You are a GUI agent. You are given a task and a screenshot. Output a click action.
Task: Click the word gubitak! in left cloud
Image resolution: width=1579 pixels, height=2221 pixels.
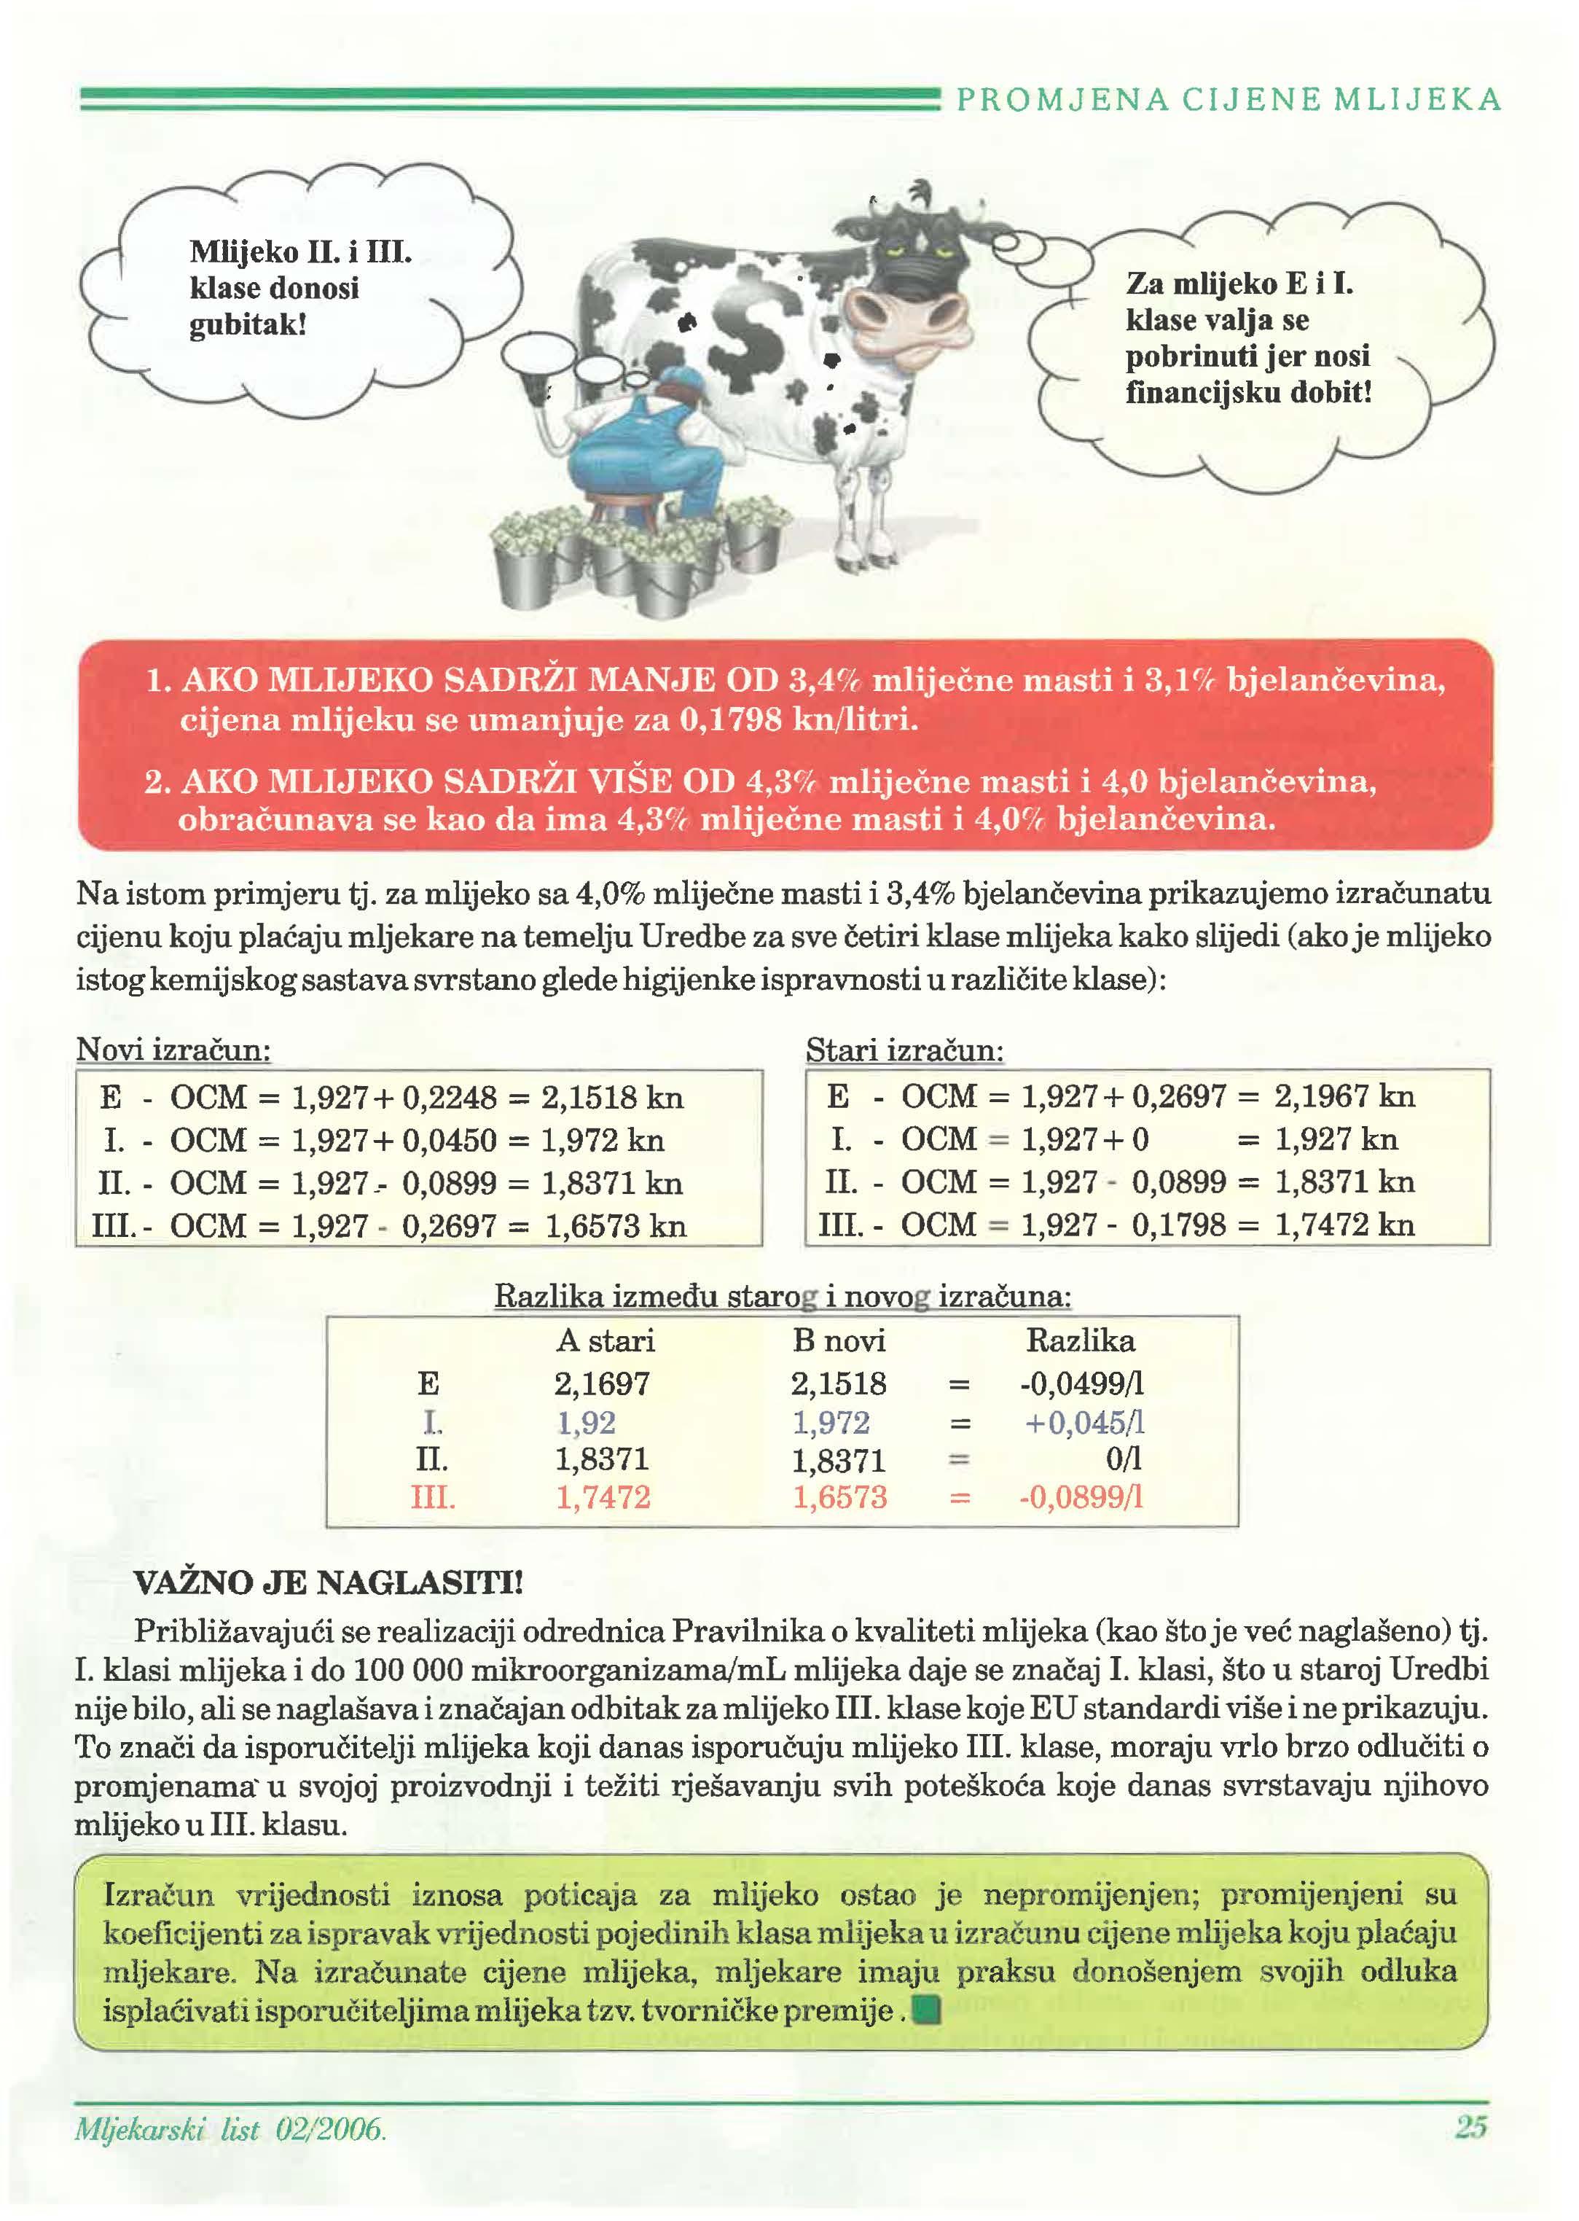tap(248, 325)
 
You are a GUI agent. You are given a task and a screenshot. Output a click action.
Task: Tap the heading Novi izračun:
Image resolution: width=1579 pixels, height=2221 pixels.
tap(173, 1050)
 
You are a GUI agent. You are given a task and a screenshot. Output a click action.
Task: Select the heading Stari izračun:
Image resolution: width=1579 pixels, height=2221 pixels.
tap(904, 1051)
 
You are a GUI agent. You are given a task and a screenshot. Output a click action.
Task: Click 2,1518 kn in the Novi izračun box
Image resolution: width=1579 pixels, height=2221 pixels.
tap(613, 1098)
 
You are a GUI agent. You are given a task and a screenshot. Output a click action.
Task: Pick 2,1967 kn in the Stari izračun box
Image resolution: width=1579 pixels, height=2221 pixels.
tap(1344, 1097)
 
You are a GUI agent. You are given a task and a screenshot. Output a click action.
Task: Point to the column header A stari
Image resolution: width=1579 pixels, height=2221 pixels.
tap(605, 1341)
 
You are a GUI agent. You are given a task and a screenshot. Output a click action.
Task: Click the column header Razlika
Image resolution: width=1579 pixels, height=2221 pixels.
tap(1079, 1341)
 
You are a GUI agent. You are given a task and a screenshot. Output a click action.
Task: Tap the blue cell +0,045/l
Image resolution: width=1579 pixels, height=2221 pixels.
tap(1084, 1423)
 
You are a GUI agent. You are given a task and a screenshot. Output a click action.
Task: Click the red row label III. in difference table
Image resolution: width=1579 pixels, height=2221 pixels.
tap(433, 1497)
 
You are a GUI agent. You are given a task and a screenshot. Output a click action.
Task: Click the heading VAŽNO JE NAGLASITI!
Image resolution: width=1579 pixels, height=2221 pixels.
tap(328, 1584)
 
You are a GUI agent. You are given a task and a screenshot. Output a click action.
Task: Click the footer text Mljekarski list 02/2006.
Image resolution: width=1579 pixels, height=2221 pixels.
tap(230, 2130)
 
